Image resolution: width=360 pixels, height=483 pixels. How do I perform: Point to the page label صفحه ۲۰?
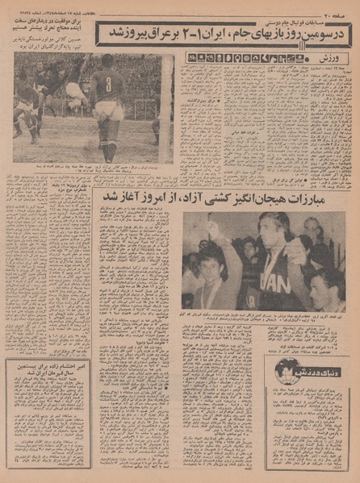pos(340,15)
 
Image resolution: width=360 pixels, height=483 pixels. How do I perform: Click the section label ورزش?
pos(338,58)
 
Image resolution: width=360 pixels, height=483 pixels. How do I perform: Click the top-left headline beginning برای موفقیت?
pos(48,30)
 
